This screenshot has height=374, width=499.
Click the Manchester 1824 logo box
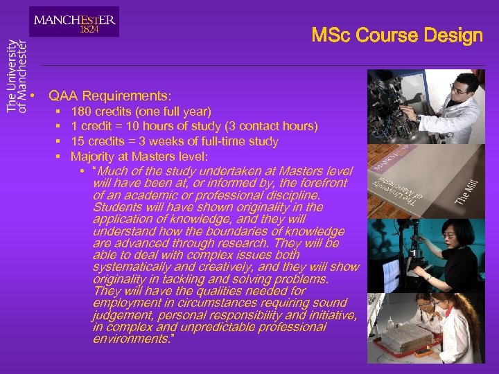click(74, 21)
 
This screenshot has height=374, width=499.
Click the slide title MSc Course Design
click(396, 35)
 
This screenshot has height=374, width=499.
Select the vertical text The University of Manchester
click(17, 75)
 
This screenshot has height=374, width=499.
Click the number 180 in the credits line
click(82, 111)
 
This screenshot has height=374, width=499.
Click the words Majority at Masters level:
click(139, 157)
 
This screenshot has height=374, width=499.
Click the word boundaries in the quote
click(236, 231)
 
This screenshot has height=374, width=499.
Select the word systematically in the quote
click(131, 267)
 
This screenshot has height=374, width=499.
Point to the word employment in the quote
click(128, 303)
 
